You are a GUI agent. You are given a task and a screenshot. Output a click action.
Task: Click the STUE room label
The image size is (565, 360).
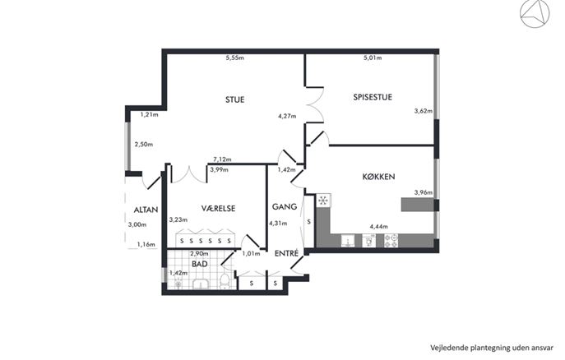[234, 99]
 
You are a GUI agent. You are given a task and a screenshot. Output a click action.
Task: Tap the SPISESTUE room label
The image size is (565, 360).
[373, 97]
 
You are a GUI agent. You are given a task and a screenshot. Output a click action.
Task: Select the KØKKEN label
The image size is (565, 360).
[378, 177]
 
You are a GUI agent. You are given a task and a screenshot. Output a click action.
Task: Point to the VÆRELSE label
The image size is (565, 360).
[219, 208]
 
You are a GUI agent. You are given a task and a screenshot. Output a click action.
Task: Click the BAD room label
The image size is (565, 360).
[199, 264]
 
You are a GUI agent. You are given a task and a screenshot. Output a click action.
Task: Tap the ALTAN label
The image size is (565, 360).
[146, 210]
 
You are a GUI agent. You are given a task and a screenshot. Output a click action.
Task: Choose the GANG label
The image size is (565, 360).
[285, 206]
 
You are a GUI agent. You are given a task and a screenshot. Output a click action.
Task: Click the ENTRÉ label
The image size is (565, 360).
[286, 253]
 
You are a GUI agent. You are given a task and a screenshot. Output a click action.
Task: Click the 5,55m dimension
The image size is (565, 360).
[234, 58]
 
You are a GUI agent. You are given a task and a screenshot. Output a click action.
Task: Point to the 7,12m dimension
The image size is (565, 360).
[222, 159]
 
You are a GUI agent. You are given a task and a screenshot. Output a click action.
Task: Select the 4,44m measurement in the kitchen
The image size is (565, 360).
[378, 227]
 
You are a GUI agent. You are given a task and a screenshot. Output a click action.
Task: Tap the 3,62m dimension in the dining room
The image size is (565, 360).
[423, 111]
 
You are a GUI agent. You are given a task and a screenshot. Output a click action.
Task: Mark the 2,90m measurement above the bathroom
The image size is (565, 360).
[199, 253]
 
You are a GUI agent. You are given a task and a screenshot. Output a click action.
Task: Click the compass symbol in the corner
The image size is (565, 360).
[535, 13]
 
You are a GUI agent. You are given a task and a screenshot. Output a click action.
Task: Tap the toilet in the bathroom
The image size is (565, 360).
[225, 281]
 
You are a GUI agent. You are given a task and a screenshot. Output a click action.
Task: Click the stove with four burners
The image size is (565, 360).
[391, 241]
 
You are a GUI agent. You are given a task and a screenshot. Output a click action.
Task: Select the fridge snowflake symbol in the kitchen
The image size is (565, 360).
[323, 201]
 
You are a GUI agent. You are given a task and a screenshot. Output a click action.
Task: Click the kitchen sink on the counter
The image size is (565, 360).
[348, 241]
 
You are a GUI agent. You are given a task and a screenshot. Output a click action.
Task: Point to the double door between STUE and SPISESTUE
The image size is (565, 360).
[315, 105]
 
